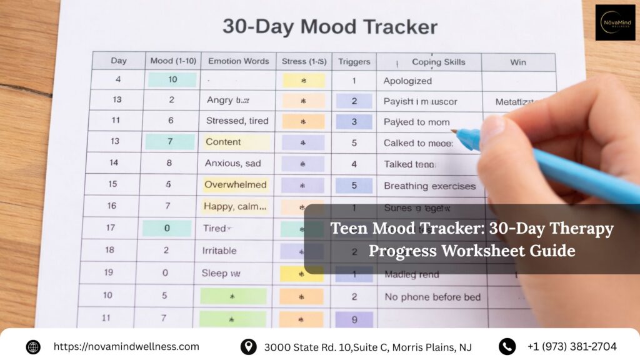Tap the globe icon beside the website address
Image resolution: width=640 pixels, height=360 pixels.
click(x=33, y=347)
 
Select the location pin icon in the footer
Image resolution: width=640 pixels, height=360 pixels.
click(x=248, y=347)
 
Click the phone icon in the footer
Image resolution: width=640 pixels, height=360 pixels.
click(x=507, y=347)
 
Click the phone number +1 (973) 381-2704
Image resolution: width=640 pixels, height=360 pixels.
click(x=572, y=347)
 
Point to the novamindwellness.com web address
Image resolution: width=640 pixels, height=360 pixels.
click(x=126, y=347)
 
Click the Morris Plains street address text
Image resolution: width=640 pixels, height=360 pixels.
click(x=367, y=347)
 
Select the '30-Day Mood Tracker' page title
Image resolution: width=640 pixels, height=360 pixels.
click(x=330, y=27)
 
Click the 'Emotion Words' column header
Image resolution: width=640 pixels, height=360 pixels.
click(x=238, y=61)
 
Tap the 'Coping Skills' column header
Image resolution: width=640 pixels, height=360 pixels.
click(x=438, y=62)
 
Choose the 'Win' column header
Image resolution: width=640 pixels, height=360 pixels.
click(x=517, y=62)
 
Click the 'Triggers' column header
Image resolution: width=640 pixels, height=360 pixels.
click(x=354, y=61)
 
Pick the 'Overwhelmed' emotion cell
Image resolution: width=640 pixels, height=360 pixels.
click(x=235, y=185)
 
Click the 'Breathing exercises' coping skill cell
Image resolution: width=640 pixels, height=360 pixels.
click(x=429, y=186)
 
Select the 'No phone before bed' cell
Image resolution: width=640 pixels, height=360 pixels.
click(x=432, y=297)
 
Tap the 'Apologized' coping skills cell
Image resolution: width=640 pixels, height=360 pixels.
click(x=407, y=81)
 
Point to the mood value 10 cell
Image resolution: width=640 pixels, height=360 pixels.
click(x=172, y=79)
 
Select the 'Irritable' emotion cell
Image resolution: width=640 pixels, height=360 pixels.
click(x=219, y=251)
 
